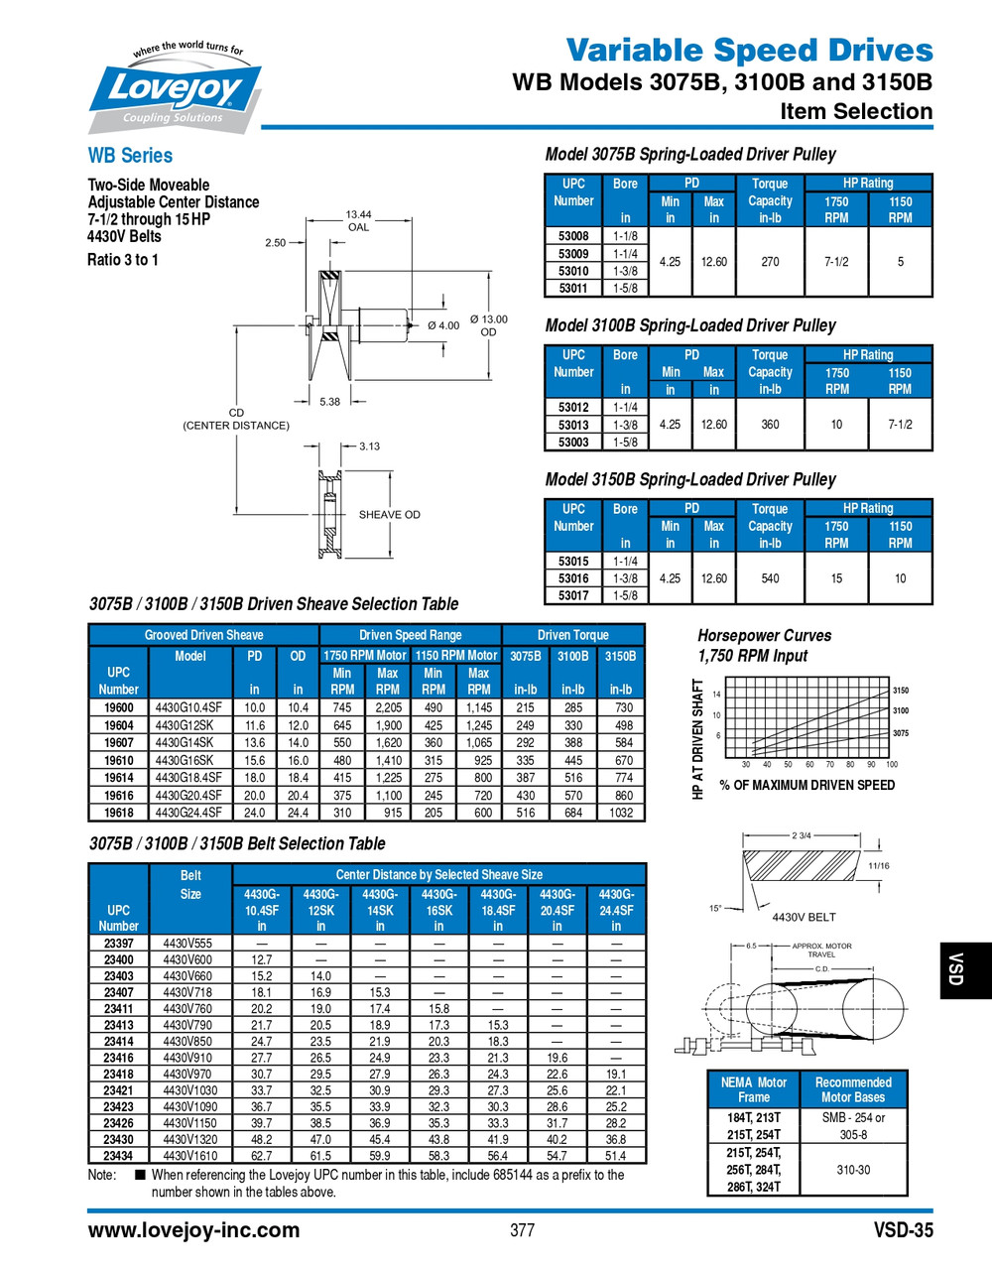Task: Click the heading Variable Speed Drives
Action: pyautogui.click(x=749, y=50)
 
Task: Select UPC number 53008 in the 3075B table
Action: pyautogui.click(x=573, y=236)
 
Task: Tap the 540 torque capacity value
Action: pyautogui.click(x=770, y=578)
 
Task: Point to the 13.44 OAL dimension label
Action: pyautogui.click(x=358, y=220)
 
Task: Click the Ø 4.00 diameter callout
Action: pyautogui.click(x=443, y=325)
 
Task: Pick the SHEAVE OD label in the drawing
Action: pyautogui.click(x=389, y=515)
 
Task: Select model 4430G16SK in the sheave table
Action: pyautogui.click(x=185, y=760)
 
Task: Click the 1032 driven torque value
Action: pyautogui.click(x=621, y=813)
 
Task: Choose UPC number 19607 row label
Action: pyautogui.click(x=118, y=742)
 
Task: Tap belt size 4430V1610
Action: pyautogui.click(x=188, y=1156)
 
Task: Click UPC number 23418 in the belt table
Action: pyautogui.click(x=118, y=1075)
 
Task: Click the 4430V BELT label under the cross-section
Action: pyautogui.click(x=804, y=917)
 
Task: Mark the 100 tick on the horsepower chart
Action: pyautogui.click(x=892, y=765)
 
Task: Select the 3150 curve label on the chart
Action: pyautogui.click(x=901, y=691)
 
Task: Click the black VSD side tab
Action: pyautogui.click(x=956, y=969)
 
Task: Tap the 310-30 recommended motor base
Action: pyautogui.click(x=853, y=1170)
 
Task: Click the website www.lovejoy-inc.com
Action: pyautogui.click(x=193, y=1230)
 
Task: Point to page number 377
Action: pyautogui.click(x=522, y=1230)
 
